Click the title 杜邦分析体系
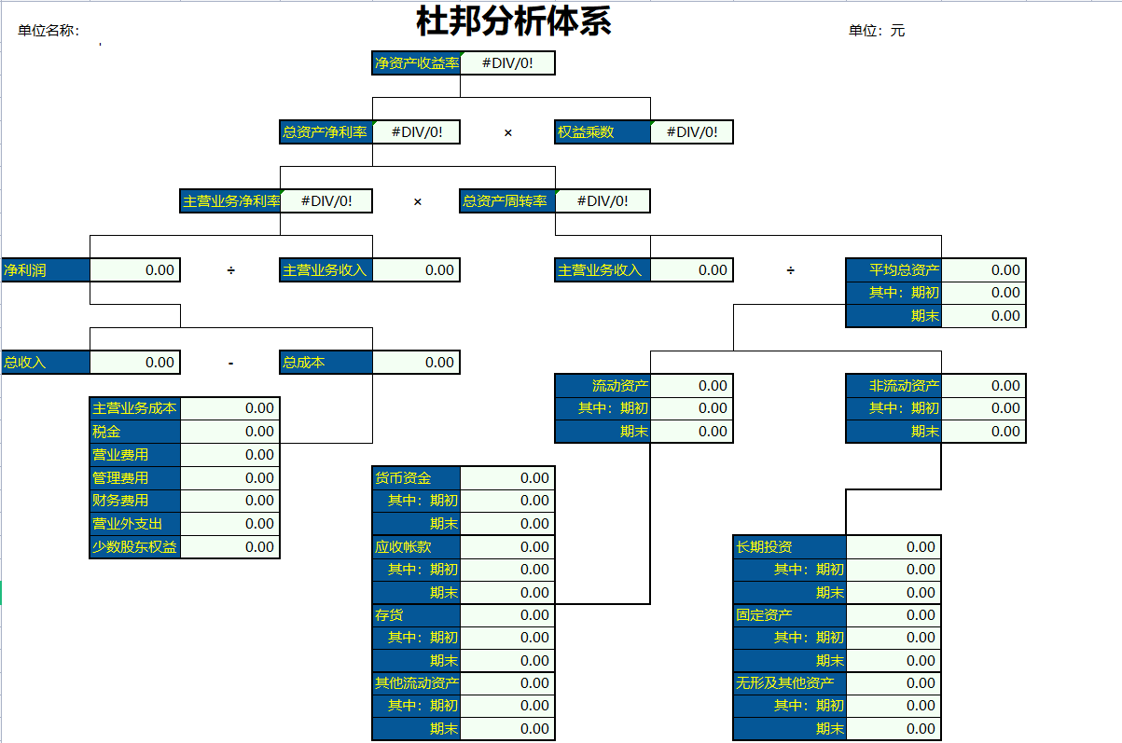pos(513,21)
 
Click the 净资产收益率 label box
pos(416,63)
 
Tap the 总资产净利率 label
pos(326,132)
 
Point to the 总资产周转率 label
pos(506,201)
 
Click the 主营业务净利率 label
pos(230,201)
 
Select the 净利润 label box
pos(44,270)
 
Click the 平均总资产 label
pos(893,270)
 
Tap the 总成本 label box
pos(326,363)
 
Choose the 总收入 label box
pos(44,363)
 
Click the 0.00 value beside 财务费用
pos(230,501)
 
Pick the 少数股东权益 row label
pos(134,547)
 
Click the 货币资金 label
pos(416,478)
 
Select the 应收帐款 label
pos(416,547)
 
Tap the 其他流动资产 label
pos(416,683)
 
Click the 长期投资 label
pos(789,547)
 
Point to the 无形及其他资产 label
pos(789,683)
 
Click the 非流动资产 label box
pos(893,386)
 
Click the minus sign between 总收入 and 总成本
pos(230,364)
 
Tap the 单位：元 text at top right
pos(876,31)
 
